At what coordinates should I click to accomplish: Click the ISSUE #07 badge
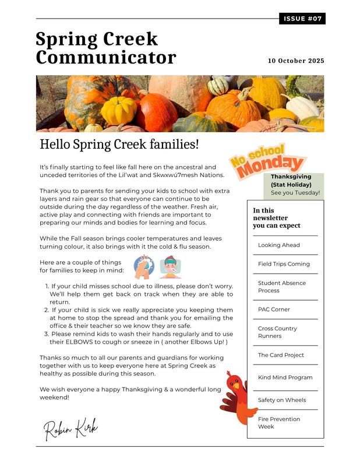(x=302, y=19)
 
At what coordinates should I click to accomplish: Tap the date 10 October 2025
(x=296, y=61)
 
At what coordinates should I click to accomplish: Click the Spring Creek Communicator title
(x=105, y=48)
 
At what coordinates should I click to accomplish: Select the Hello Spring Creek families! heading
(x=119, y=144)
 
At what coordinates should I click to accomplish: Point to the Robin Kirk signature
(x=71, y=429)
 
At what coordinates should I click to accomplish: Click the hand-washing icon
(x=143, y=268)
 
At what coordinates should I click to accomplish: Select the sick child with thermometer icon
(x=170, y=268)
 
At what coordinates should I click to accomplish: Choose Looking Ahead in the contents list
(x=279, y=245)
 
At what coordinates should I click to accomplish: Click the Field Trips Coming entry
(x=284, y=264)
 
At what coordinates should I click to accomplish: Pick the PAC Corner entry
(x=274, y=309)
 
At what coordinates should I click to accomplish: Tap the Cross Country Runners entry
(x=277, y=332)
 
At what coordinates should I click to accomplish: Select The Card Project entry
(x=281, y=355)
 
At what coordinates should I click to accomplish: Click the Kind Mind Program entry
(x=285, y=377)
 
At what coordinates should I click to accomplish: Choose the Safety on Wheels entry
(x=281, y=400)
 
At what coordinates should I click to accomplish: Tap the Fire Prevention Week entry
(x=279, y=422)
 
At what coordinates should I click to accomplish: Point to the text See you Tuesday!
(x=295, y=193)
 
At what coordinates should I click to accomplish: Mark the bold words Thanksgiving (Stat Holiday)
(x=291, y=181)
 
